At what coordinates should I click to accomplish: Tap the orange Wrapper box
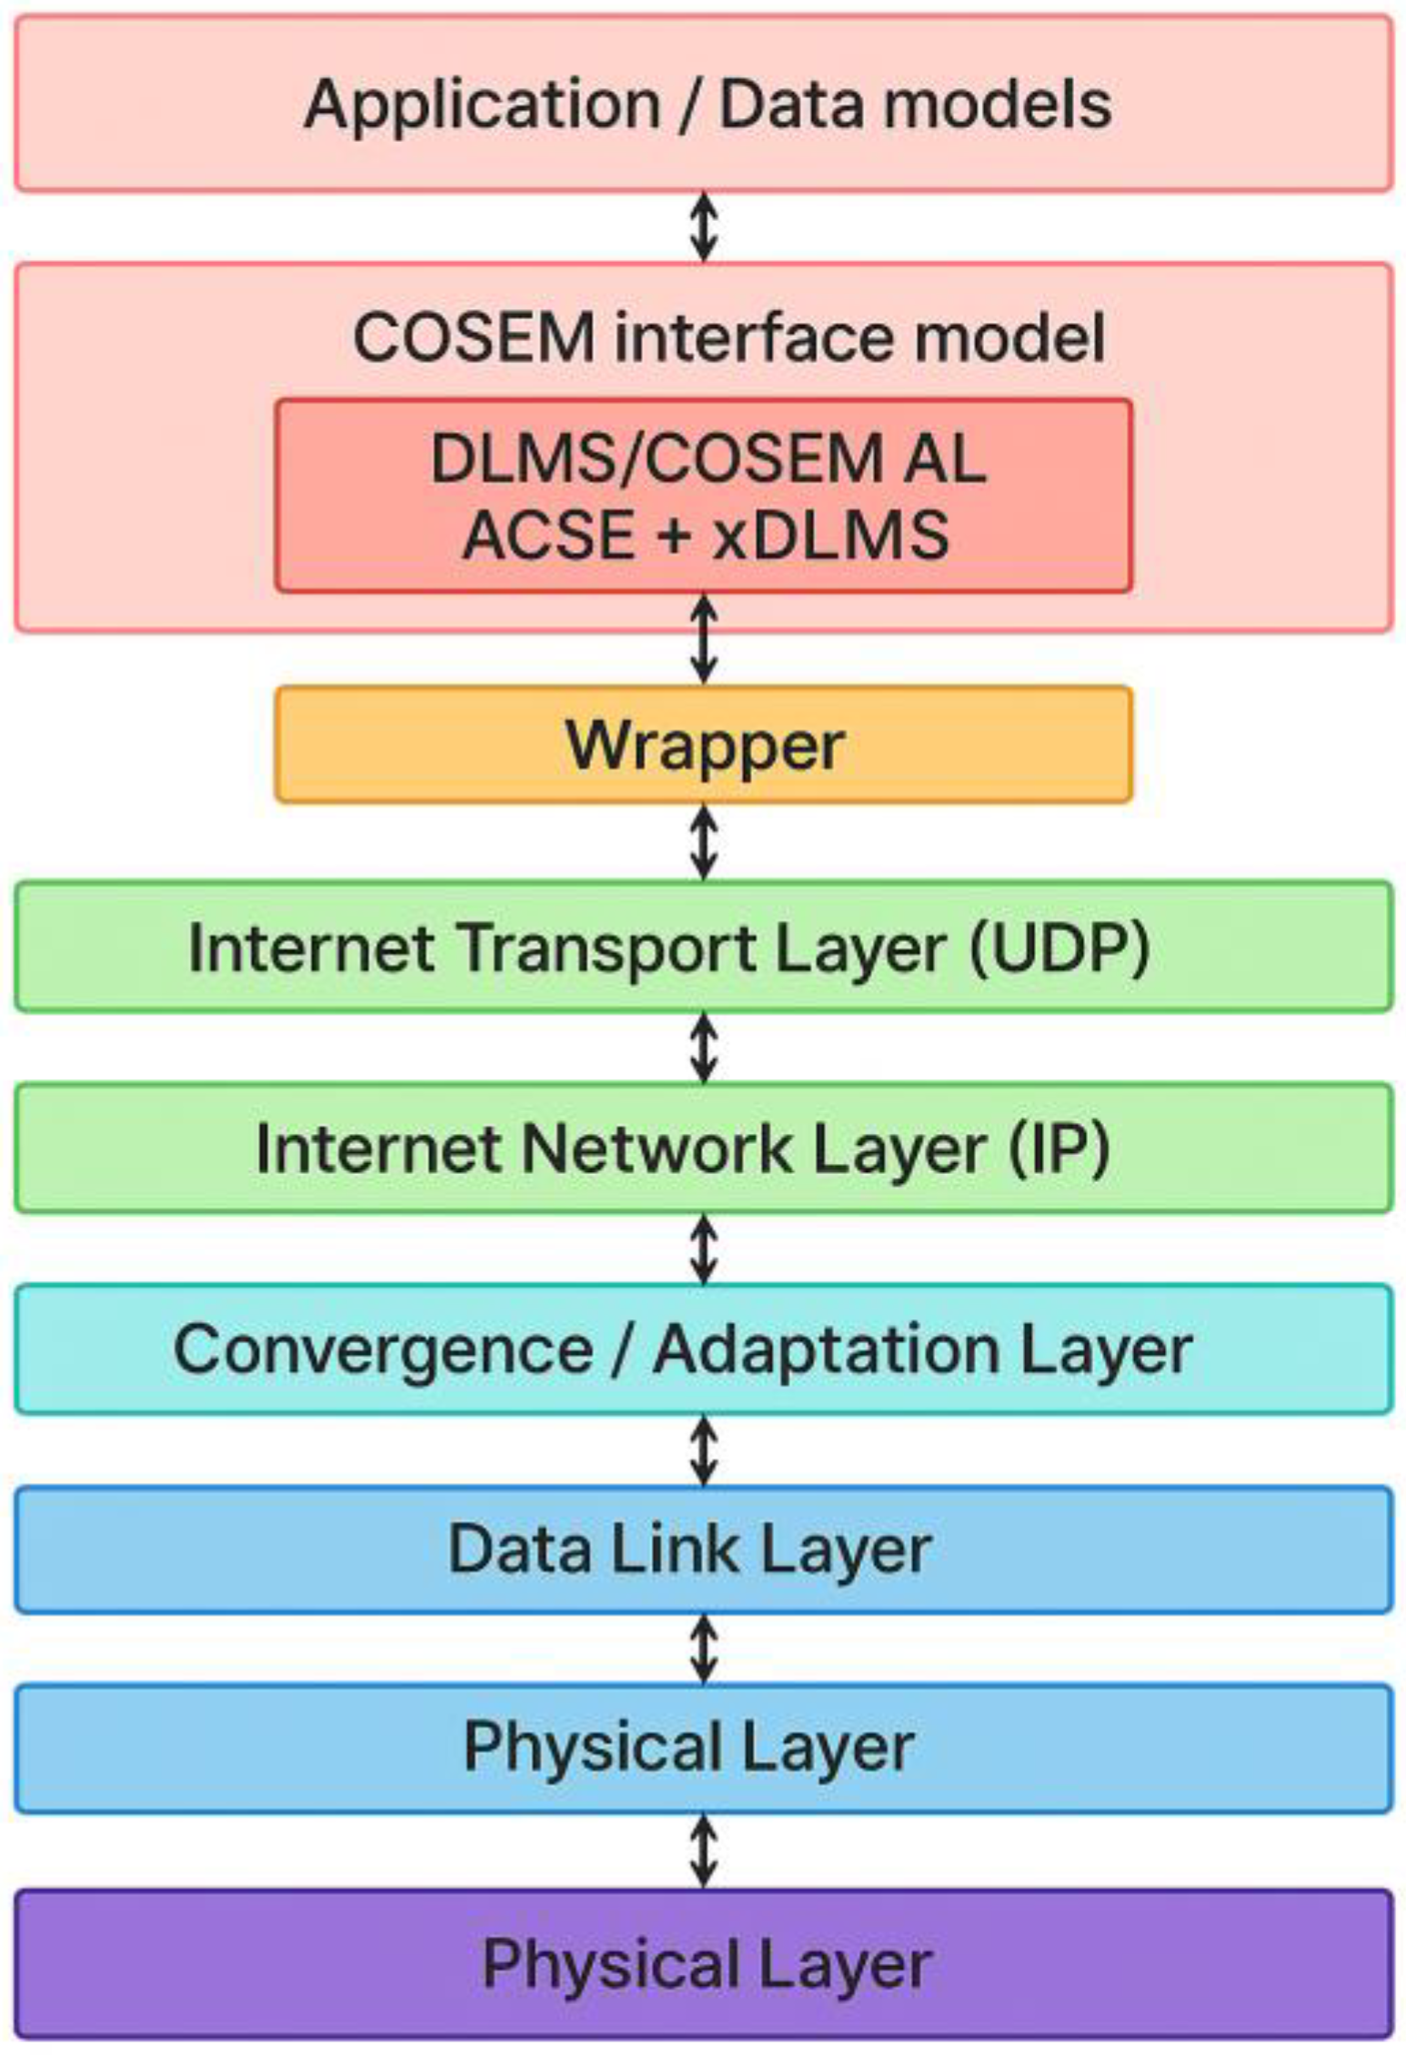(703, 745)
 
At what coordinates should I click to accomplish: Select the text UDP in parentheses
(1060, 948)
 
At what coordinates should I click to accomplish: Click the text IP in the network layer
(1059, 1148)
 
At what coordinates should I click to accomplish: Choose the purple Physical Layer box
(703, 1964)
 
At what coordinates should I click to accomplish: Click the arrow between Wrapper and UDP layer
(703, 842)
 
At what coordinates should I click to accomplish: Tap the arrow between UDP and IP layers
(703, 1048)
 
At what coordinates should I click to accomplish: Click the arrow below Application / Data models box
(703, 226)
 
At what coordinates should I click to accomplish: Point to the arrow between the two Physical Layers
(703, 1851)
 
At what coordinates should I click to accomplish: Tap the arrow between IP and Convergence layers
(703, 1248)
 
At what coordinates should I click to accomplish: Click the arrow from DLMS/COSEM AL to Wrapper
(703, 638)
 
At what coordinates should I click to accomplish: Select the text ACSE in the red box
(548, 535)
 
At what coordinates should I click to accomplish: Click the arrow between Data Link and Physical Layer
(703, 1649)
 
